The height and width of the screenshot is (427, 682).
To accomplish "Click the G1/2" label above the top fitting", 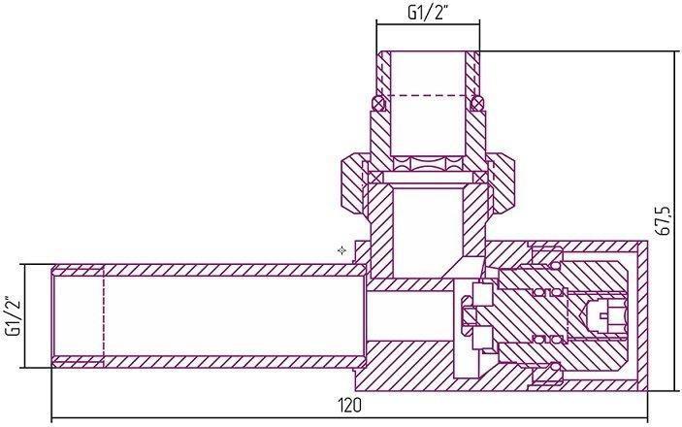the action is (428, 13).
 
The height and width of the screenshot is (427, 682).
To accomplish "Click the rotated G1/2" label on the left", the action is (15, 316).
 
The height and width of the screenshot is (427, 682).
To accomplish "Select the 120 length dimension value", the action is (349, 406).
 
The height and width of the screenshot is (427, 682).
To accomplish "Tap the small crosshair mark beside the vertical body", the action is (341, 250).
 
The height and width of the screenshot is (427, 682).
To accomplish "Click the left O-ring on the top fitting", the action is (379, 104).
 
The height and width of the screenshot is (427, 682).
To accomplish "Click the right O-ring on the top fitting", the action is (477, 103).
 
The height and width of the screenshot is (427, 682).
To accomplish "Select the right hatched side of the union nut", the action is (502, 182).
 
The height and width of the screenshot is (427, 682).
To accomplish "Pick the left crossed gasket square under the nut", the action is (375, 178).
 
